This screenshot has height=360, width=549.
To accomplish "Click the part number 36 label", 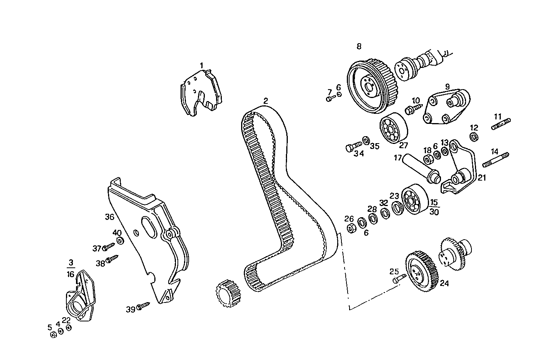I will pos(110,217).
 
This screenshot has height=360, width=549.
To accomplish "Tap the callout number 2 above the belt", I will pos(265,101).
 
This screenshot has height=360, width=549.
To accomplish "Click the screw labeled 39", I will pos(142,306).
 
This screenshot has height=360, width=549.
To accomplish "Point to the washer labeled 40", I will pos(120,241).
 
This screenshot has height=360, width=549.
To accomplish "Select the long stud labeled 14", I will pos(495,160).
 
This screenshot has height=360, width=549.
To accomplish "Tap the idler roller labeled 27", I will pos(393,128).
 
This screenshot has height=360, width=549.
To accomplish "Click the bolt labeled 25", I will pos(399,279).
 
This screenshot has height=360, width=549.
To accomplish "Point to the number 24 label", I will pos(444,284).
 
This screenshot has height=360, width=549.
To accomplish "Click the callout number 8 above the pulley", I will pos(359,46).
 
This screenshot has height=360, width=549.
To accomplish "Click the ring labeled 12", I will pos(474,137).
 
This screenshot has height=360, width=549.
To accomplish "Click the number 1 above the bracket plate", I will pos(201,65).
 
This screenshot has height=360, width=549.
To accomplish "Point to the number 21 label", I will pos(482,178).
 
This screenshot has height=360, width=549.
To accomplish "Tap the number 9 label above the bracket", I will pos(447,87).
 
